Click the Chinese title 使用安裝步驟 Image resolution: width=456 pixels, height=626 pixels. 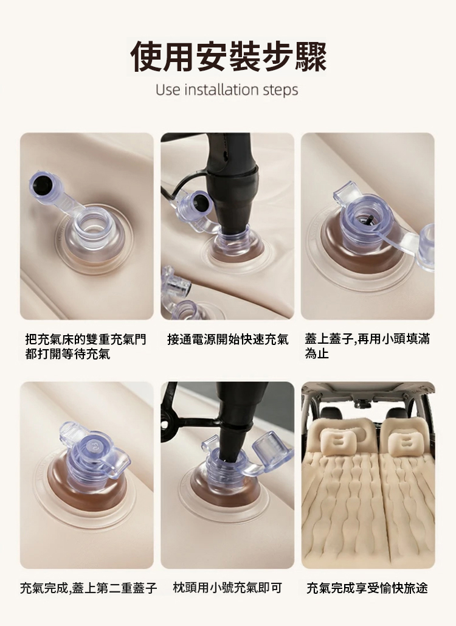pyautogui.click(x=229, y=57)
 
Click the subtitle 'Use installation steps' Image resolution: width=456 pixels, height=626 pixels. pyautogui.click(x=227, y=90)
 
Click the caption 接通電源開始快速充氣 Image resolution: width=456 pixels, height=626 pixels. pyautogui.click(x=228, y=339)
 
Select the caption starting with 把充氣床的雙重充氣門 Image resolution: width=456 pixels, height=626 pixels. pyautogui.click(x=86, y=347)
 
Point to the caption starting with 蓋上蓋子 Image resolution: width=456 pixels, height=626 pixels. pyautogui.click(x=367, y=347)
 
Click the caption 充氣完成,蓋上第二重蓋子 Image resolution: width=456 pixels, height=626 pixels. pyautogui.click(x=89, y=588)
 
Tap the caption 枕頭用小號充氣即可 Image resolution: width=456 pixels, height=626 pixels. pyautogui.click(x=227, y=588)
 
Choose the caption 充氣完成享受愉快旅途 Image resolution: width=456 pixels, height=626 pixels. pyautogui.click(x=367, y=588)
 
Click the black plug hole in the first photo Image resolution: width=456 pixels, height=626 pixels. pyautogui.click(x=41, y=184)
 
